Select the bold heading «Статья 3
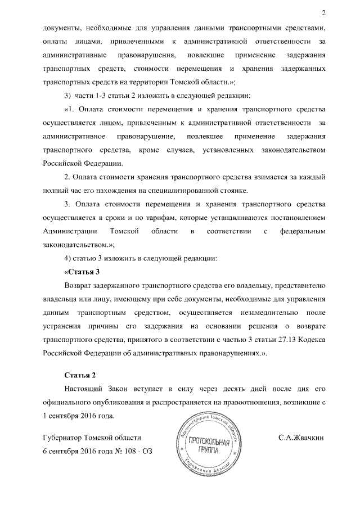tap(83, 272)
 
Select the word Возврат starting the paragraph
tap(82, 286)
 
